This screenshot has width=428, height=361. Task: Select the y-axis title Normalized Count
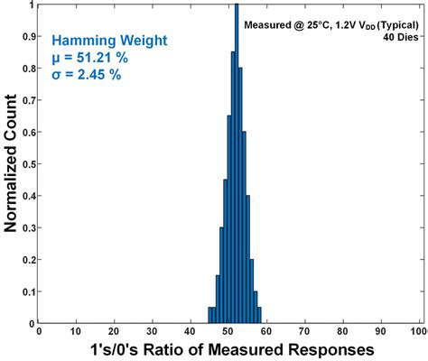click(10, 162)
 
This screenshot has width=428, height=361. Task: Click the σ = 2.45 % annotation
click(89, 76)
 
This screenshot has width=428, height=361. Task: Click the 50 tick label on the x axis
click(229, 330)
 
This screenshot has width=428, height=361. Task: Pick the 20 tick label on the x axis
click(115, 330)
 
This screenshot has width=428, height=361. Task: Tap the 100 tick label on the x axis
click(418, 330)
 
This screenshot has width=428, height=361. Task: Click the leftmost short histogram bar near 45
click(209, 315)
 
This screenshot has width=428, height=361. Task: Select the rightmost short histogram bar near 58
click(259, 315)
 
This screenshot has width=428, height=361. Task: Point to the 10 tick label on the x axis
click(77, 330)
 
